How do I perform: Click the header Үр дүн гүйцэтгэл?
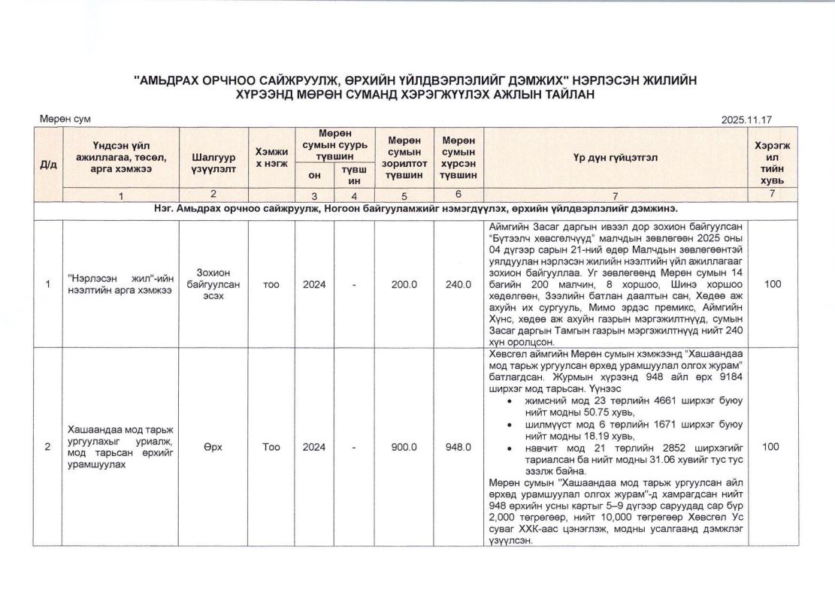pyautogui.click(x=615, y=157)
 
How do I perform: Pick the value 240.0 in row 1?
pyautogui.click(x=458, y=284)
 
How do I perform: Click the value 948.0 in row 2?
pyautogui.click(x=458, y=447)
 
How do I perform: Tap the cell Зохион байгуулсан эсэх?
pyautogui.click(x=213, y=284)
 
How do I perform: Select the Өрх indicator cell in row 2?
pyautogui.click(x=213, y=447)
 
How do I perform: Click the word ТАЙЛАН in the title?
pyautogui.click(x=563, y=94)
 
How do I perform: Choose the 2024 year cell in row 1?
pyautogui.click(x=314, y=284)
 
